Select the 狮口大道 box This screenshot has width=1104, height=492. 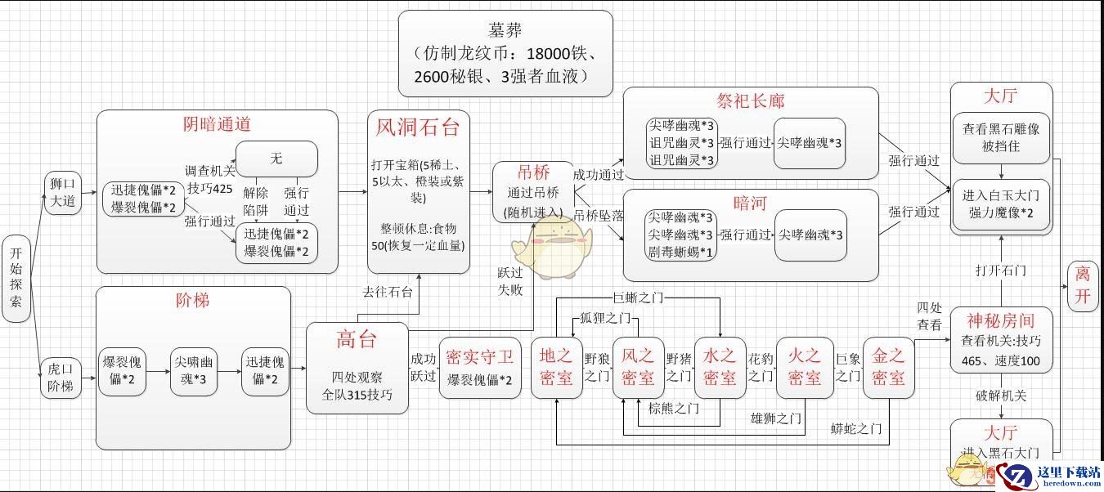62,194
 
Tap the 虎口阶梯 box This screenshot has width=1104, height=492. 62,377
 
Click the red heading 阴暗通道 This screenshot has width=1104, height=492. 216,125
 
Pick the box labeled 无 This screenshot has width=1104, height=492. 276,159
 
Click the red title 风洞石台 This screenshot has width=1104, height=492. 418,127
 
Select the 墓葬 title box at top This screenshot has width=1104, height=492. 505,53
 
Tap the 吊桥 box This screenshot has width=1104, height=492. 533,193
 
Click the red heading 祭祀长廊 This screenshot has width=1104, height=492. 750,101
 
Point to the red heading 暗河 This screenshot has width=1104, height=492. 750,202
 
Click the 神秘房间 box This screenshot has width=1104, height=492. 1001,341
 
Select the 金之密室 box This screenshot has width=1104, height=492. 888,367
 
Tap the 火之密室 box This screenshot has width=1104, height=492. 804,367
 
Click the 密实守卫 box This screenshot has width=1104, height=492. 480,367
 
